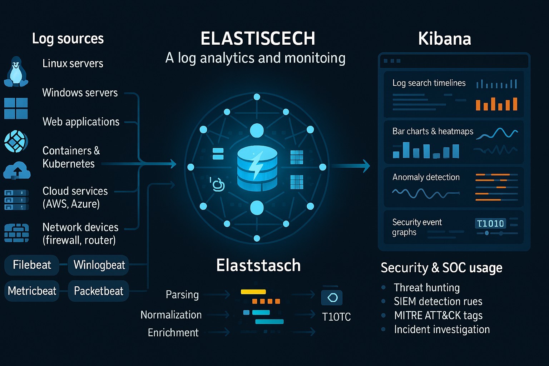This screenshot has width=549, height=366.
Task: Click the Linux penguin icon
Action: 16,72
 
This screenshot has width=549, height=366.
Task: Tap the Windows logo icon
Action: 16,108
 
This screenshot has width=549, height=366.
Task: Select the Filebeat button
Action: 32,265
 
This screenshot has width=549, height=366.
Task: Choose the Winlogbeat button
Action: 99,265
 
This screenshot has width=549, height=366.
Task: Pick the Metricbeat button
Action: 32,291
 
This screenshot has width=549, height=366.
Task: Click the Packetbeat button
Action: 98,291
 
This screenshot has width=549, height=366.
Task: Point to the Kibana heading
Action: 444,39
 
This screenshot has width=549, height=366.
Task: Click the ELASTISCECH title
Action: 258,39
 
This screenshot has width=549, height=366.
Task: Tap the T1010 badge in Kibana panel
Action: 490,223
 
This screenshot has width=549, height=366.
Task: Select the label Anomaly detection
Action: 426,177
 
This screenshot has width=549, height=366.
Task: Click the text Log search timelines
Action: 429,83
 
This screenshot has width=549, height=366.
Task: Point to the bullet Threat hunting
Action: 426,287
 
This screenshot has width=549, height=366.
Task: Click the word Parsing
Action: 182,295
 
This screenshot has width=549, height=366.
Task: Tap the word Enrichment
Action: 173,332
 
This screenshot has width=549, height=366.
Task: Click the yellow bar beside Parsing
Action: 253,292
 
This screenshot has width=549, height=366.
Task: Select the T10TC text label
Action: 336,317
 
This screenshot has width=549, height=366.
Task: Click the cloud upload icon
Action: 17,170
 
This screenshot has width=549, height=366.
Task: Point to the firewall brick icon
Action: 16,233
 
